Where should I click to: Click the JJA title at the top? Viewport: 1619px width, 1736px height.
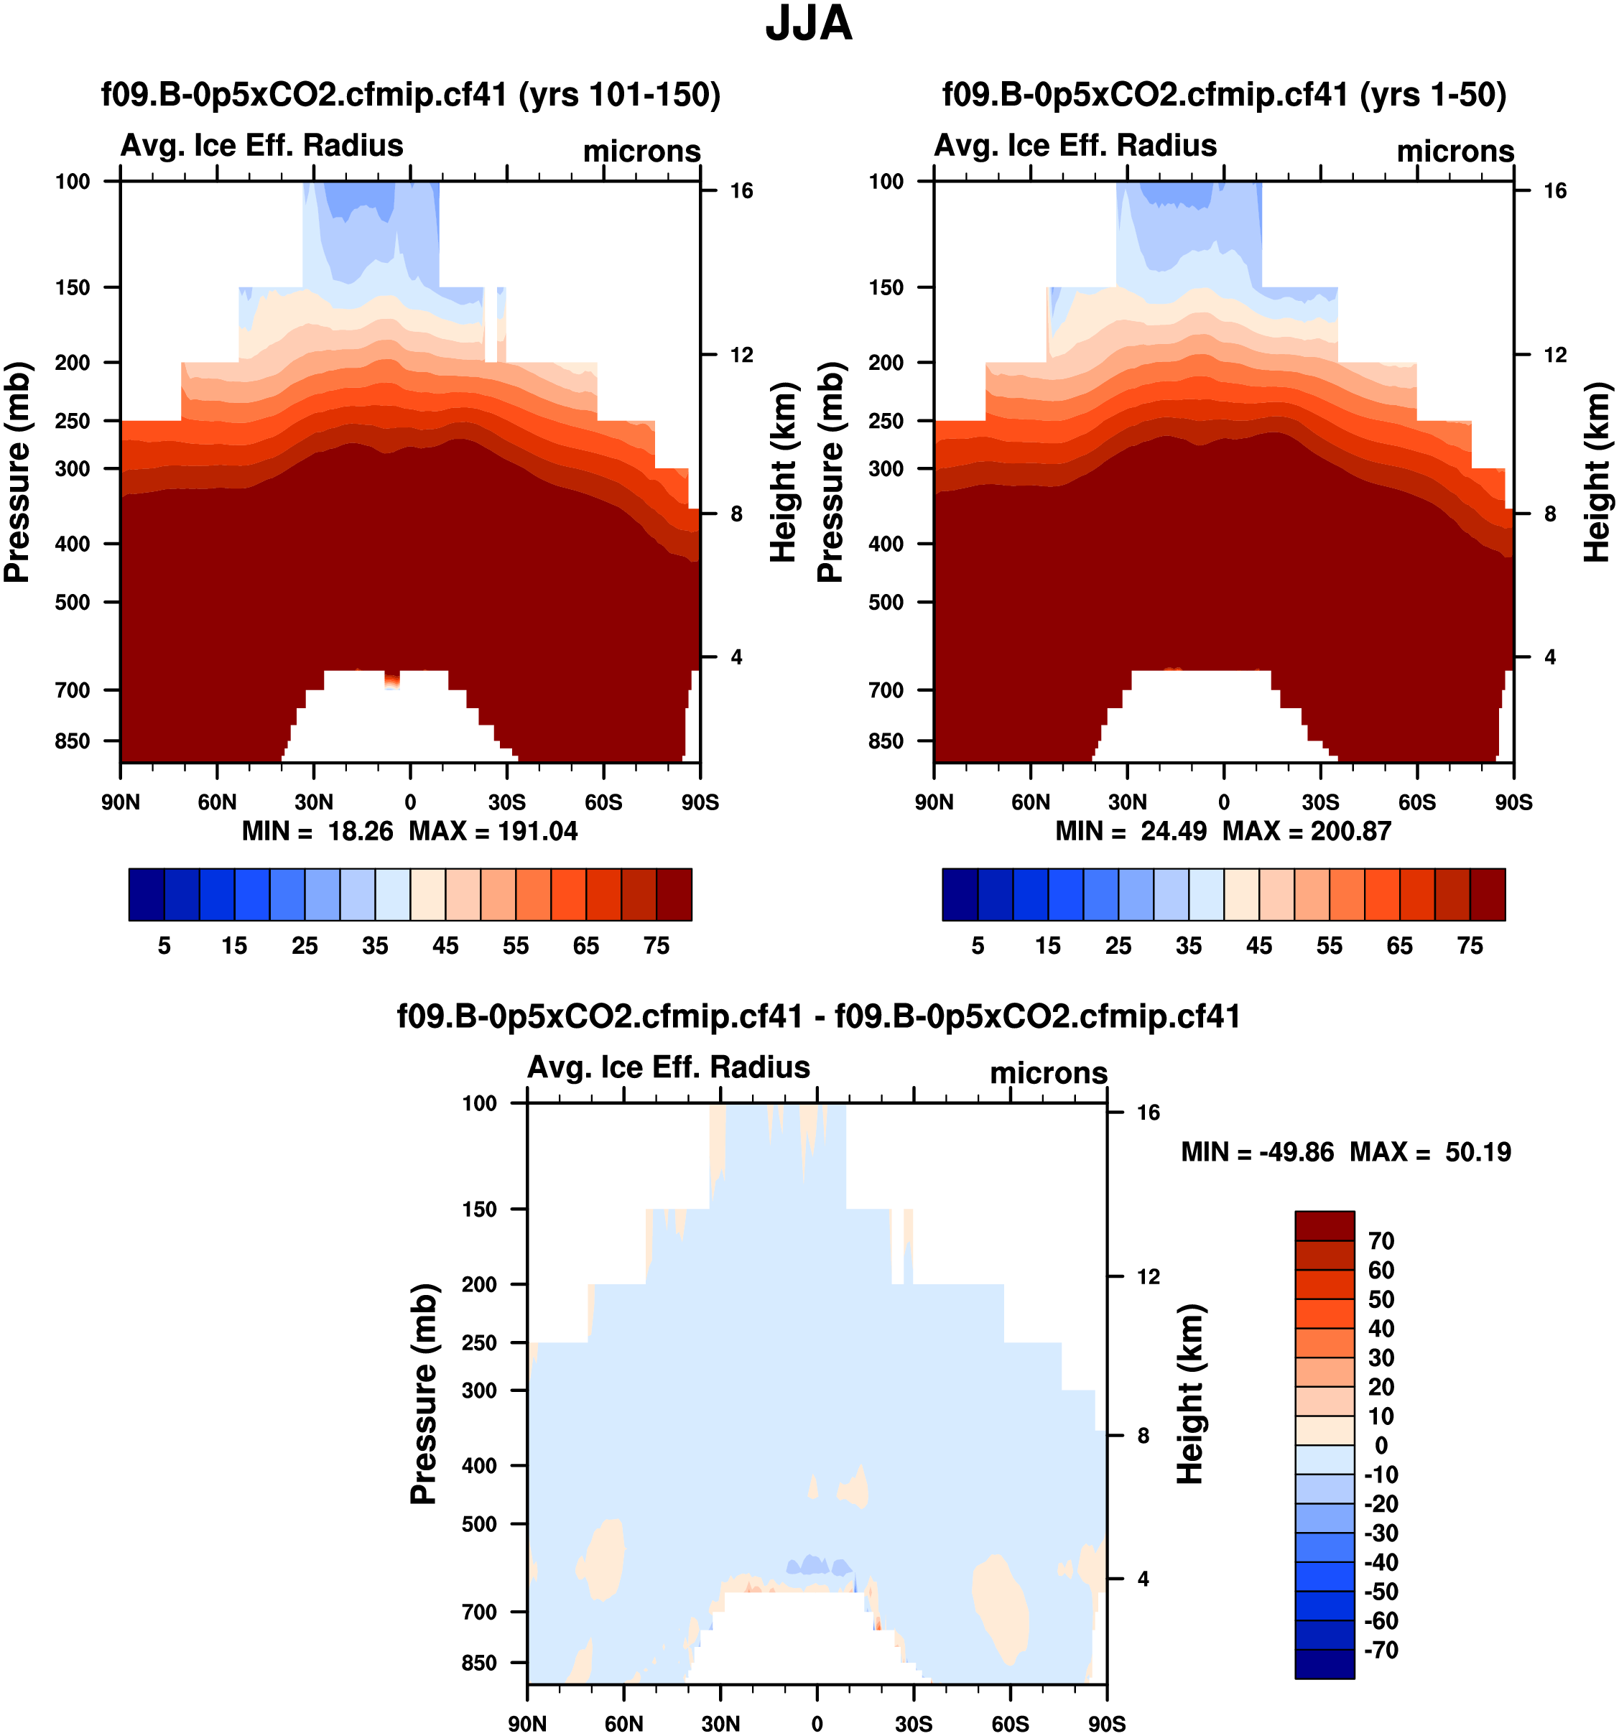(x=809, y=24)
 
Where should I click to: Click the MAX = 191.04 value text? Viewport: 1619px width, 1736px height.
(x=493, y=831)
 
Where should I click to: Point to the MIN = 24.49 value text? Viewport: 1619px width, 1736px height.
(x=1131, y=831)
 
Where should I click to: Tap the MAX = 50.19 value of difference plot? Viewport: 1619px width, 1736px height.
(x=1430, y=1152)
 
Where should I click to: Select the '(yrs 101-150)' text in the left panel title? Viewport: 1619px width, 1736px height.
(x=619, y=94)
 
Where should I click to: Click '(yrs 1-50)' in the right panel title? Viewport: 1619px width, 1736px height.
(x=1433, y=94)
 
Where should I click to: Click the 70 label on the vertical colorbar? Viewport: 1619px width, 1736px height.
(x=1381, y=1241)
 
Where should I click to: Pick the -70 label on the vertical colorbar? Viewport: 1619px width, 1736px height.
(x=1381, y=1651)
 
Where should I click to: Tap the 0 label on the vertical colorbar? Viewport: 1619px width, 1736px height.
(x=1381, y=1445)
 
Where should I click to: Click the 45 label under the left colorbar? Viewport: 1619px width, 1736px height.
(x=445, y=946)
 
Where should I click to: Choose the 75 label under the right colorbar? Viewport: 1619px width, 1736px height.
(x=1470, y=946)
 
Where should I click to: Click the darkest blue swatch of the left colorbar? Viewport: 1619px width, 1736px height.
(x=146, y=894)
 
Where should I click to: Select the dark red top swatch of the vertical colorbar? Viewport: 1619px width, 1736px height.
(x=1324, y=1225)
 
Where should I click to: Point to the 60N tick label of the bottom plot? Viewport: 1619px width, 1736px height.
(x=623, y=1724)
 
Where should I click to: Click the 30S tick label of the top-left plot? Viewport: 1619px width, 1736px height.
(x=506, y=802)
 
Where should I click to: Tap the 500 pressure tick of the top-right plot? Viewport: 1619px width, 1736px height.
(x=886, y=603)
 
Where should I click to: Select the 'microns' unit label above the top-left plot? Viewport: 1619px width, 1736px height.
(x=642, y=152)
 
